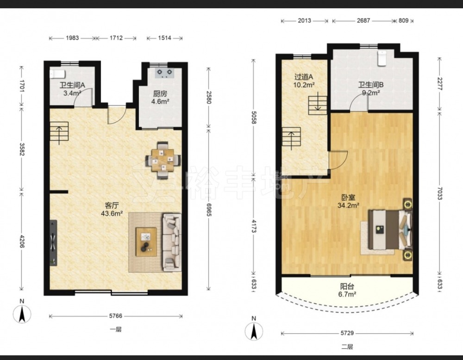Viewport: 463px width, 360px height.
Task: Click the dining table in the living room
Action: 163,160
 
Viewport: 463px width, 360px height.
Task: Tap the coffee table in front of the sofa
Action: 146,242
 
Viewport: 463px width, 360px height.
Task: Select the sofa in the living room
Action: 172,242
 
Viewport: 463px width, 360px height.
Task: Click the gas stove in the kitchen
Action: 165,73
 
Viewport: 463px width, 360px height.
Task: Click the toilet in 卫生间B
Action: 382,58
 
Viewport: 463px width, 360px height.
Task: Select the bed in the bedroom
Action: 390,229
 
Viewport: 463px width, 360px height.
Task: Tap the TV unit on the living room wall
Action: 53,243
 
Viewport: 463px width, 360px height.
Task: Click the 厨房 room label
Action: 160,94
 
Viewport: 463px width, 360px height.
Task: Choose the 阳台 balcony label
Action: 347,286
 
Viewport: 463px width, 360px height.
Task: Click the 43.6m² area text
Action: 112,213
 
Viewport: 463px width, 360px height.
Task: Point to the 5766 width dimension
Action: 115,316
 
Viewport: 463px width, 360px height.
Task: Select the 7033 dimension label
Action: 439,193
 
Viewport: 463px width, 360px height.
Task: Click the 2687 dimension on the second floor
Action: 363,21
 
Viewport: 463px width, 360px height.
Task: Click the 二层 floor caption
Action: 347,347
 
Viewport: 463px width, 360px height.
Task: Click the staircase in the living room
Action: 59,132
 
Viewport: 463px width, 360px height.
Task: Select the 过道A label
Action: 304,77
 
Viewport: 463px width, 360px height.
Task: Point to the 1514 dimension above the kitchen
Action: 164,38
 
